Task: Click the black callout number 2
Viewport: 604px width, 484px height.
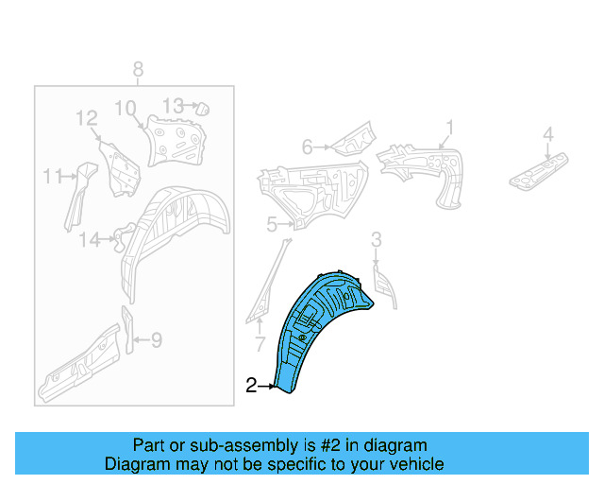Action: pos(251,385)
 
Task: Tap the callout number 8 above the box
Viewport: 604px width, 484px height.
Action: pos(139,70)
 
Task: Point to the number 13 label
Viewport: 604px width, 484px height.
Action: pos(173,105)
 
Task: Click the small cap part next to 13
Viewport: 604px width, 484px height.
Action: pos(203,109)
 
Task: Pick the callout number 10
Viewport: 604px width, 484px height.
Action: pos(126,108)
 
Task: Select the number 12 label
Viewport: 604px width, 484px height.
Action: pos(87,118)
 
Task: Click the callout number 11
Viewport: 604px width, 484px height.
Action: pos(53,177)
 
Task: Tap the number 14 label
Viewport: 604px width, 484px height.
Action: pos(90,240)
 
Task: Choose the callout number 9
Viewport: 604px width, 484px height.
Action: pos(157,340)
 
